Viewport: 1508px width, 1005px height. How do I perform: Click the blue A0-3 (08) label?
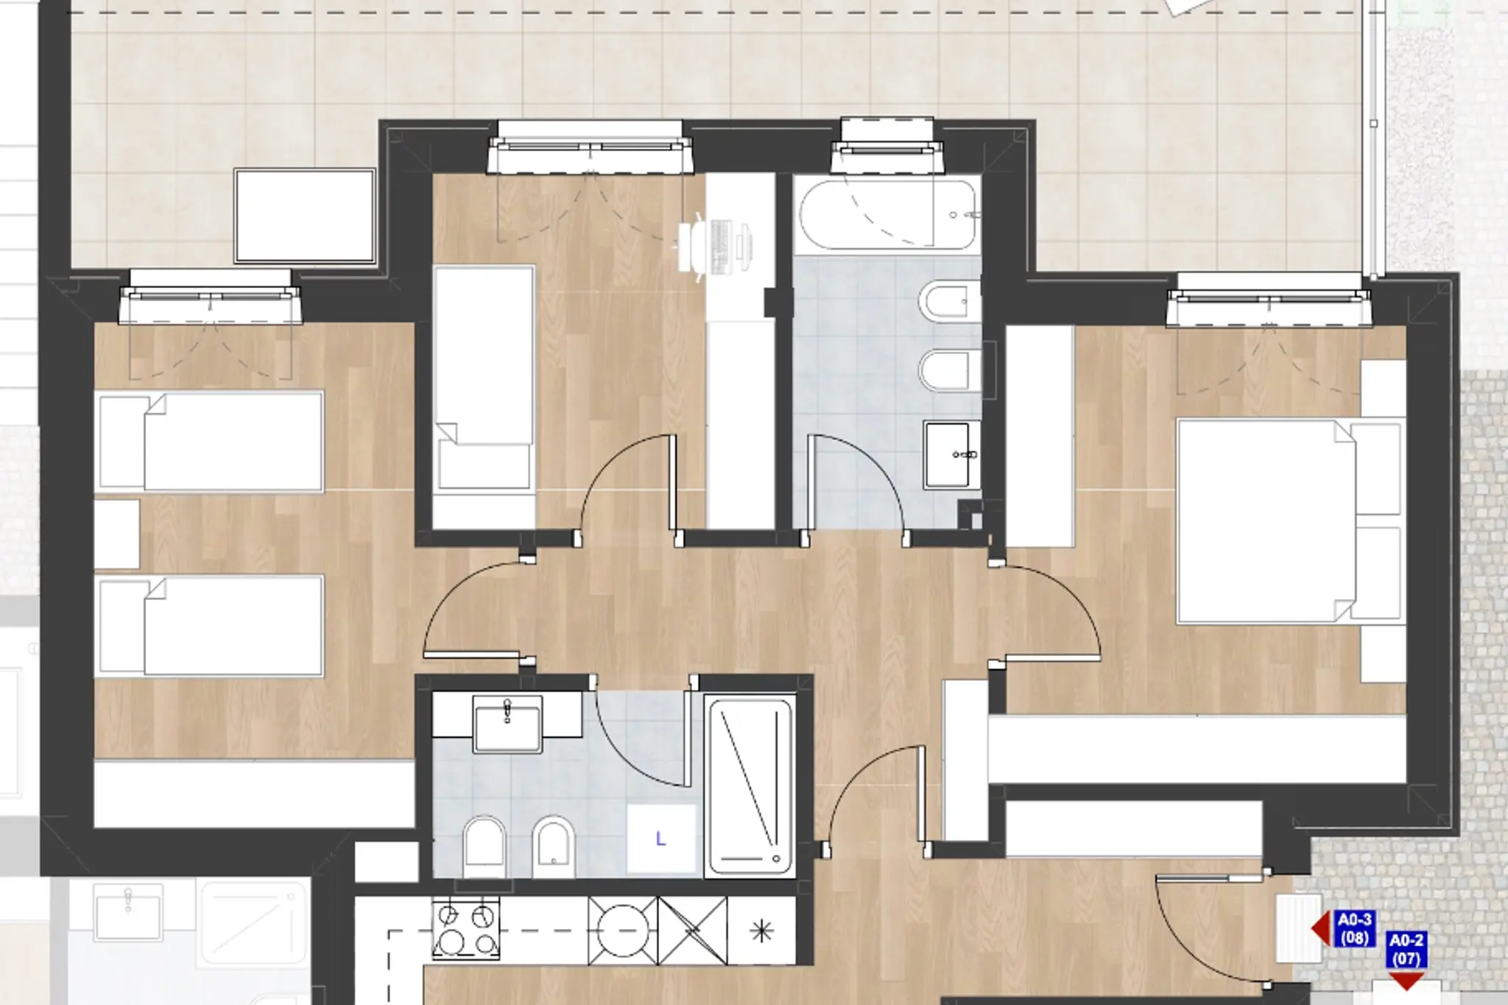(x=1355, y=928)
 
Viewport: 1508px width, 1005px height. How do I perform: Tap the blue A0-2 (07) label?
(x=1406, y=950)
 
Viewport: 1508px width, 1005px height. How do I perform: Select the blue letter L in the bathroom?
(x=660, y=839)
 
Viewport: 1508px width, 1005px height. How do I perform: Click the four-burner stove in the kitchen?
(x=466, y=930)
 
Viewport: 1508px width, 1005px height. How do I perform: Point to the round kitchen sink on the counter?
(x=622, y=930)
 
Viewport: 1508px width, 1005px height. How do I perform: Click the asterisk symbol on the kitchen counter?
(x=761, y=931)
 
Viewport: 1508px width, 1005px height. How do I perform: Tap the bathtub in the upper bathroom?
(x=887, y=214)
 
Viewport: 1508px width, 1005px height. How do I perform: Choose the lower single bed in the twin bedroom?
(x=210, y=626)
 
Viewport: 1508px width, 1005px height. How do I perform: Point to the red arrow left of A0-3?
(x=1321, y=929)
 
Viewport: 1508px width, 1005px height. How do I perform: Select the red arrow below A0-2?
(x=1406, y=981)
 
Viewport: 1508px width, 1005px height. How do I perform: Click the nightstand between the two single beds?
(x=117, y=535)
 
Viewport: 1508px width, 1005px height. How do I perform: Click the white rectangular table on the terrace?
(x=305, y=216)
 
